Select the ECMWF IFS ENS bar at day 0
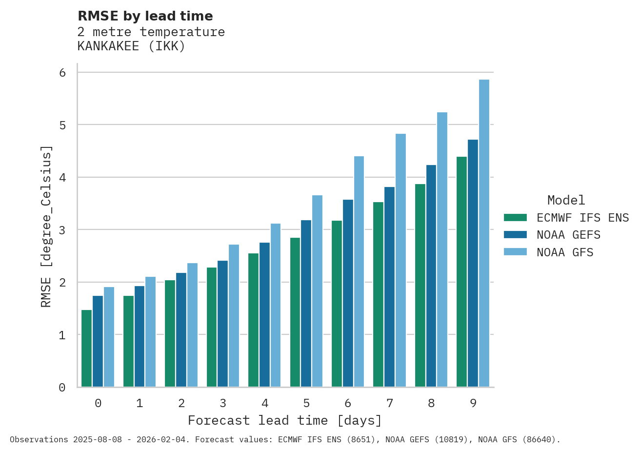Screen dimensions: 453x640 pyautogui.click(x=86, y=349)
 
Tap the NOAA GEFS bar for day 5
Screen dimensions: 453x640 pyautogui.click(x=306, y=304)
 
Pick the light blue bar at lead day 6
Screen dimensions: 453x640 pyautogui.click(x=359, y=271)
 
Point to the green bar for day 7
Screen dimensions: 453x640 pyautogui.click(x=378, y=294)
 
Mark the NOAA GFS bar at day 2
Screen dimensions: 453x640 pyautogui.click(x=192, y=325)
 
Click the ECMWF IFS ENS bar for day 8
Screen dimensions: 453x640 pyautogui.click(x=420, y=286)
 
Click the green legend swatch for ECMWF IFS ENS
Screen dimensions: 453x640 pyautogui.click(x=515, y=218)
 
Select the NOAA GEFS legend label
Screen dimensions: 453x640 pyautogui.click(x=568, y=235)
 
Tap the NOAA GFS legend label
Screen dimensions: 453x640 pyautogui.click(x=565, y=253)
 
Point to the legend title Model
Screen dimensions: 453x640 pyautogui.click(x=566, y=201)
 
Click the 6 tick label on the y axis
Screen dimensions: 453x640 pyautogui.click(x=62, y=73)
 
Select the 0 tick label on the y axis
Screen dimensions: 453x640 pyautogui.click(x=62, y=388)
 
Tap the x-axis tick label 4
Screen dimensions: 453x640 pyautogui.click(x=265, y=404)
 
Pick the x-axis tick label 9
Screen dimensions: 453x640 pyautogui.click(x=473, y=404)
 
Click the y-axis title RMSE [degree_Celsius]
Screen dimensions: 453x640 pyautogui.click(x=46, y=226)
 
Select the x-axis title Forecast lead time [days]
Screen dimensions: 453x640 pyautogui.click(x=285, y=421)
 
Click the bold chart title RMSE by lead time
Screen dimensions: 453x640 pyautogui.click(x=145, y=16)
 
